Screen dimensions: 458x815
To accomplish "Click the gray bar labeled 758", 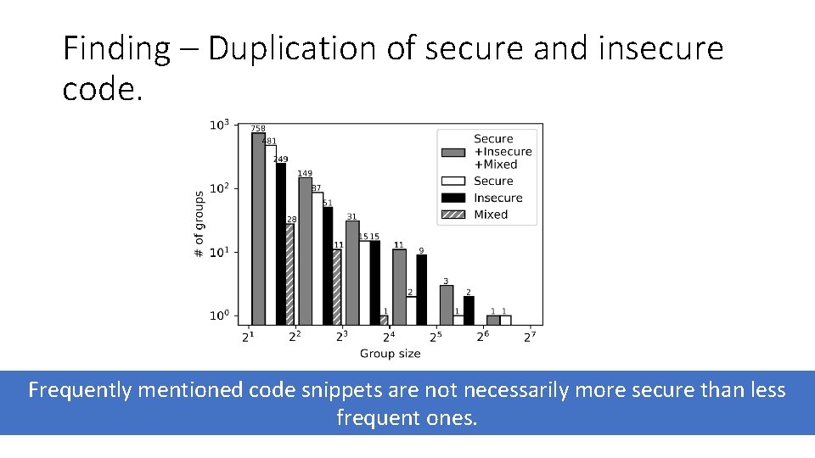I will click(x=258, y=229).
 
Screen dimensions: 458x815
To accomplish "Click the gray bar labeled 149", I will click(x=305, y=251).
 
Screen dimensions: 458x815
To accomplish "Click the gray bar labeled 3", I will click(x=446, y=304).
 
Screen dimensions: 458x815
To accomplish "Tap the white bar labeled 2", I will click(x=410, y=310).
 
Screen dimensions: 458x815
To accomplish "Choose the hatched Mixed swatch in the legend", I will click(x=454, y=215).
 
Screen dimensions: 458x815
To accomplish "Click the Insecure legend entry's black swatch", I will click(x=454, y=198).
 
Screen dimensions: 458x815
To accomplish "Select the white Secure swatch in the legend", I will click(x=454, y=181).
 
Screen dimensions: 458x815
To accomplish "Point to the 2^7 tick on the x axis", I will click(x=529, y=337).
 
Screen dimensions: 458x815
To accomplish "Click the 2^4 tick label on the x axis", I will click(x=388, y=337).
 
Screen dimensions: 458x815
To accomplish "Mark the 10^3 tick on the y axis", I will click(x=219, y=126).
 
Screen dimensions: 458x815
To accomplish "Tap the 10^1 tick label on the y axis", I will click(x=219, y=252).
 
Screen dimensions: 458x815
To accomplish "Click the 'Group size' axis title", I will click(x=390, y=354).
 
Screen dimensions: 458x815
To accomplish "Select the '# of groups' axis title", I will click(x=199, y=225).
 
